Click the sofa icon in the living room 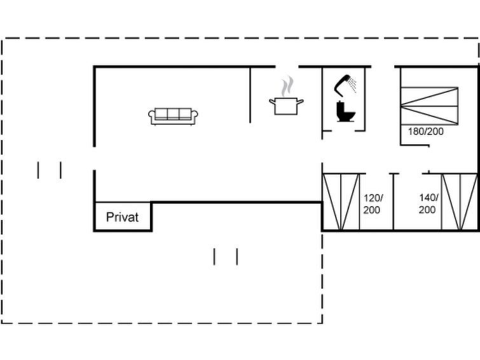[x=173, y=115]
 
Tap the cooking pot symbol [x=286, y=105]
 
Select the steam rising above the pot [x=288, y=85]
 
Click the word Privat [x=122, y=217]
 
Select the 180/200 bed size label [x=425, y=132]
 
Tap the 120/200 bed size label [x=373, y=204]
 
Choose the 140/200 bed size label [x=428, y=204]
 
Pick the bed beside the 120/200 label [x=341, y=202]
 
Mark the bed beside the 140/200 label [x=459, y=202]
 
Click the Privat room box [x=123, y=217]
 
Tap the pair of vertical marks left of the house [x=50, y=170]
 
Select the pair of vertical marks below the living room [x=226, y=256]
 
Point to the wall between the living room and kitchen [x=250, y=94]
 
